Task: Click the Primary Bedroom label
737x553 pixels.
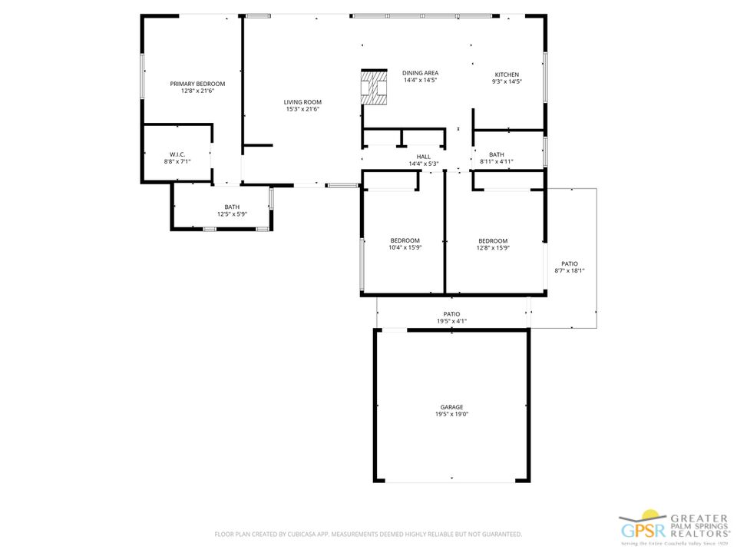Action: click(197, 84)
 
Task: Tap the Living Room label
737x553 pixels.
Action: click(302, 102)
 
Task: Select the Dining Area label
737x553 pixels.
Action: click(420, 73)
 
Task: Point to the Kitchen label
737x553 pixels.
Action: click(507, 75)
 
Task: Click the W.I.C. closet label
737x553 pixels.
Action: click(177, 154)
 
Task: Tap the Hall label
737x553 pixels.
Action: click(424, 157)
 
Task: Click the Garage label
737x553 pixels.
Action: click(451, 407)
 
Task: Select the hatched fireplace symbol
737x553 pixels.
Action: click(374, 87)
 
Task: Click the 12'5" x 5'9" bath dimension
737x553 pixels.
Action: click(232, 214)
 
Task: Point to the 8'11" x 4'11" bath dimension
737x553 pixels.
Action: click(497, 161)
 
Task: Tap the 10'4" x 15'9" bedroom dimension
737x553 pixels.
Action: click(405, 247)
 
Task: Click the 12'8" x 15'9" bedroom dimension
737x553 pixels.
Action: click(493, 248)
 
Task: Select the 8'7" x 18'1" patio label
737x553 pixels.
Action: click(570, 267)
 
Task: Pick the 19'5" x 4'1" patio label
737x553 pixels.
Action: click(451, 317)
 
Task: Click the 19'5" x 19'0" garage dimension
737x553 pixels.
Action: click(451, 414)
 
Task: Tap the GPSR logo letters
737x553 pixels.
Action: click(643, 531)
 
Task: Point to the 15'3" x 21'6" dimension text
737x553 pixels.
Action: click(302, 109)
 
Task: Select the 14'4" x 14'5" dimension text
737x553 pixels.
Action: click(420, 80)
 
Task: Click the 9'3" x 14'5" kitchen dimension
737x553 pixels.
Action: click(507, 81)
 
